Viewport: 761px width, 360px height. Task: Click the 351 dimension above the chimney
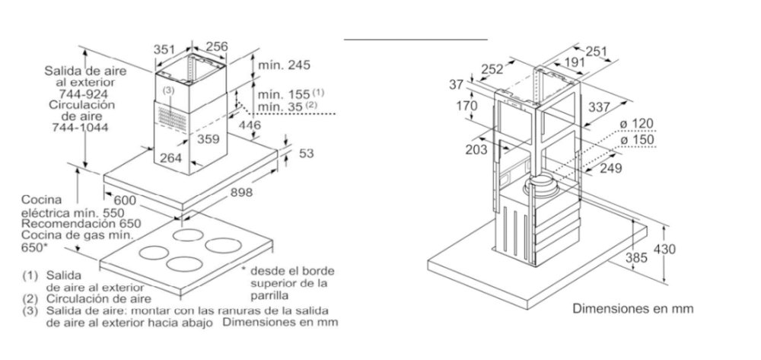pyautogui.click(x=165, y=48)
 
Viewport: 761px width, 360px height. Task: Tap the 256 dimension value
pyautogui.click(x=217, y=47)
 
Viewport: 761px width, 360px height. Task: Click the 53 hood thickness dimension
pyautogui.click(x=305, y=154)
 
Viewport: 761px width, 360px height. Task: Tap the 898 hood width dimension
pyautogui.click(x=240, y=193)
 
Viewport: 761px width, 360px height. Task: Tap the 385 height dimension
pyautogui.click(x=636, y=258)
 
